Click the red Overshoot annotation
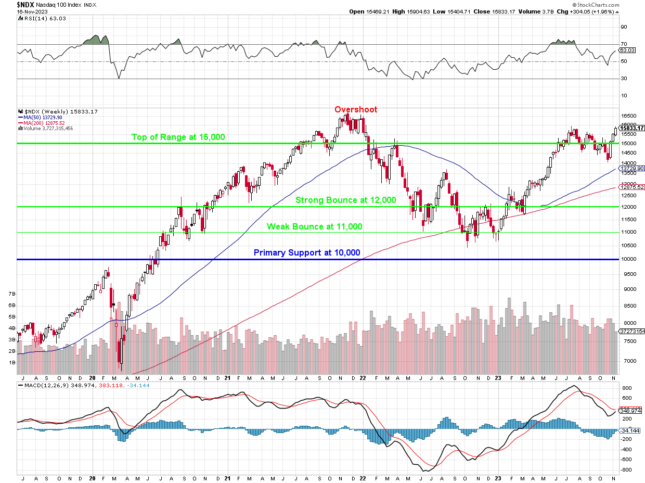356,110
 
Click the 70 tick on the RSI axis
623,44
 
